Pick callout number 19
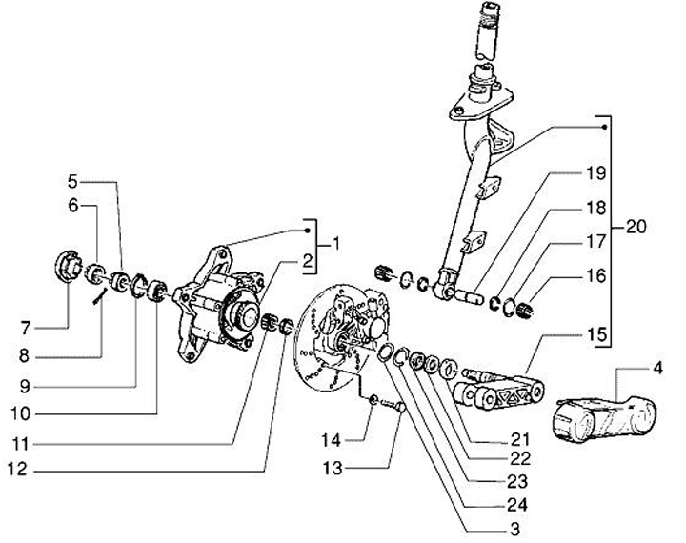569,173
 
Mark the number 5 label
74,179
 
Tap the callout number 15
569,335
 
